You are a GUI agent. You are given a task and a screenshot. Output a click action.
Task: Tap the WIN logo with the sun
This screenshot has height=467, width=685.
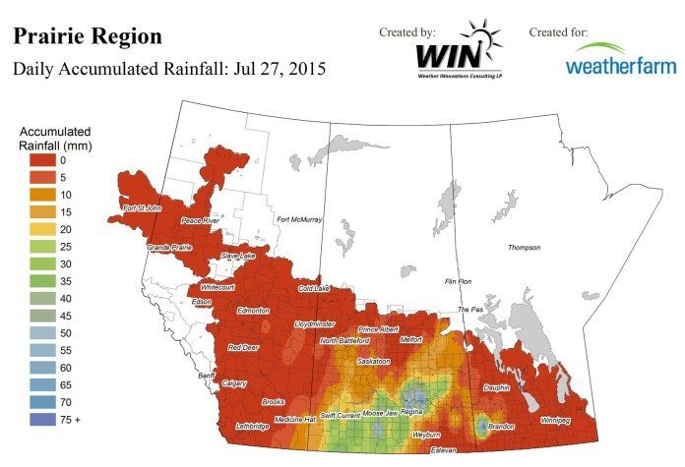[458, 55]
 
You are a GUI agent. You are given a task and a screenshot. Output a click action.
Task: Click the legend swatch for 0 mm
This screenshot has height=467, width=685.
[42, 159]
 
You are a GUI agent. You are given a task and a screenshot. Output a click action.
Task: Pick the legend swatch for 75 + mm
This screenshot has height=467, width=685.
[42, 419]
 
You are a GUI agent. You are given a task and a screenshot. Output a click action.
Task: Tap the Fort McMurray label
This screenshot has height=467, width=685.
[299, 219]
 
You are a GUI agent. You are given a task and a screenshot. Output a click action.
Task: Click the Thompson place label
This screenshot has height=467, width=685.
[526, 248]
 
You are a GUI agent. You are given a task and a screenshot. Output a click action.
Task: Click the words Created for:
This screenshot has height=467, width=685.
[558, 32]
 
